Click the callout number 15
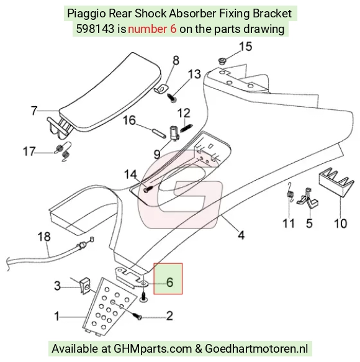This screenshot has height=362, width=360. point(246,47)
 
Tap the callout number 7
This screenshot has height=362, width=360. point(34,111)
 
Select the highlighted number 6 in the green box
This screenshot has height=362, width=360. point(169,282)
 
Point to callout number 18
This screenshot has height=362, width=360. point(44,237)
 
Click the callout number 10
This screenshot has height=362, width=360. point(340,224)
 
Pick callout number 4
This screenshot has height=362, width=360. point(241,235)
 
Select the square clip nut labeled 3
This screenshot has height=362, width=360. point(85,286)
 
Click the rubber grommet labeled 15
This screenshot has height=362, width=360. point(222,61)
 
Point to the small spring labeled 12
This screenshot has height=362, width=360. point(186,128)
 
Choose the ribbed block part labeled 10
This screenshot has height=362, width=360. point(336,181)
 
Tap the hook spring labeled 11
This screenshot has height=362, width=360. point(290,192)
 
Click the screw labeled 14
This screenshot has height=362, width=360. point(148,189)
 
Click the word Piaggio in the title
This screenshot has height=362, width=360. point(86,14)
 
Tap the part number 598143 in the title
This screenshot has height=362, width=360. point(95,29)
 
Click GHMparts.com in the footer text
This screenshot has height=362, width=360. point(153,348)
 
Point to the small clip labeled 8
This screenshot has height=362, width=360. point(161,89)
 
